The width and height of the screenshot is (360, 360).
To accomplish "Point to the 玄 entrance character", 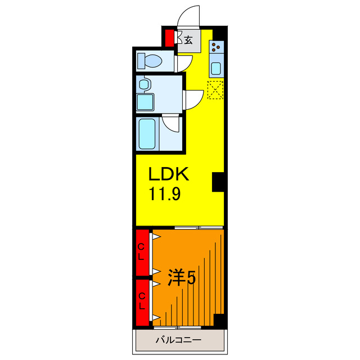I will pos(189,40).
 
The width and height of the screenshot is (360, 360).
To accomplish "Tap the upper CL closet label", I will pos(142,251).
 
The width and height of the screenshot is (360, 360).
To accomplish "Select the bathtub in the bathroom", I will pos(148,133).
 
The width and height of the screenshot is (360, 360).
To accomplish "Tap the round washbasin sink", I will pos(145,85).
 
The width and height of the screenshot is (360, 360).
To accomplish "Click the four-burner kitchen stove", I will pos(217,47).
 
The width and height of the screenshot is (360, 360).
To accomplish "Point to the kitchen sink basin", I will pos(217,69).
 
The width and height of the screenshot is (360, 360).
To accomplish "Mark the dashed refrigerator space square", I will pos(215,90).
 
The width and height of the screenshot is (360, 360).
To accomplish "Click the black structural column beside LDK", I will pos(218,182).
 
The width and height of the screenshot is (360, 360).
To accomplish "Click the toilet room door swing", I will pos(181,62).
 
